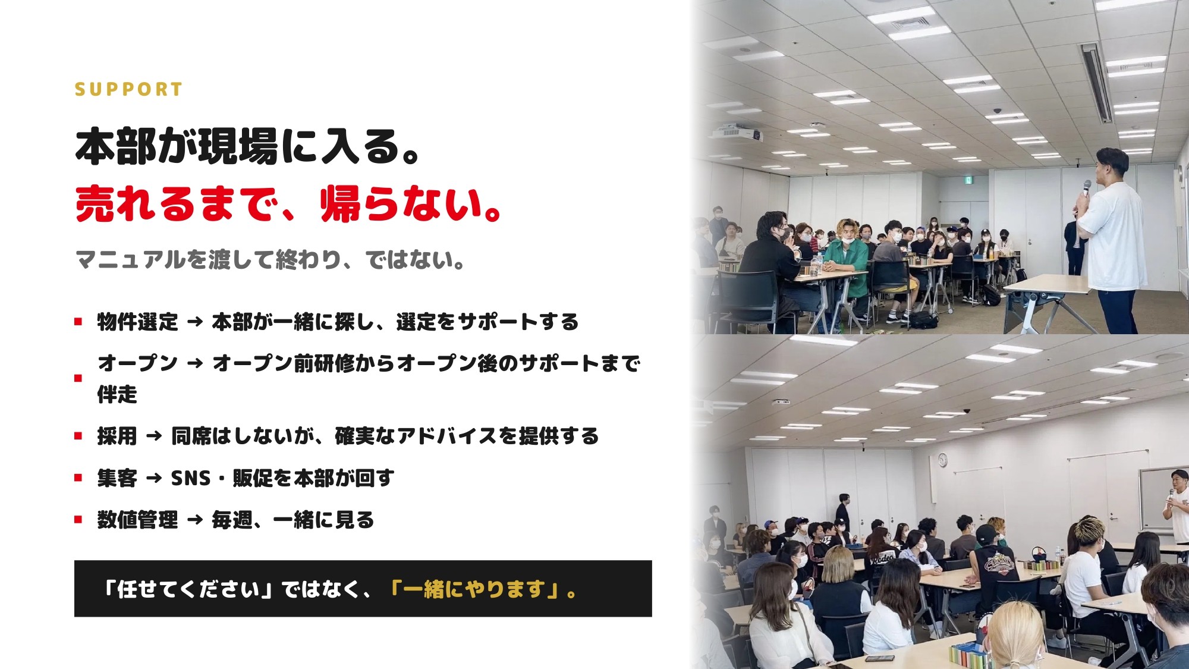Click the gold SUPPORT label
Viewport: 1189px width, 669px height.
point(128,89)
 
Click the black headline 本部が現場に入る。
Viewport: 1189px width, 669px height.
point(249,146)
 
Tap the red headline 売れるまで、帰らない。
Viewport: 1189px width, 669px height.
point(290,204)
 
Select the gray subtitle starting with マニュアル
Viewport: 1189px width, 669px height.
point(270,259)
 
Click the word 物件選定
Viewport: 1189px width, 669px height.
point(138,322)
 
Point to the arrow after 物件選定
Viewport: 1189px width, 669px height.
point(195,322)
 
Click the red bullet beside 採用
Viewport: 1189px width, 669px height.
point(78,436)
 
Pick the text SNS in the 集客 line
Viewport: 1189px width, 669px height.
point(191,478)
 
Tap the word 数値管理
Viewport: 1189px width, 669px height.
point(138,520)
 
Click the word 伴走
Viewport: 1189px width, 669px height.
point(117,394)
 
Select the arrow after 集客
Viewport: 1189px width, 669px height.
point(154,478)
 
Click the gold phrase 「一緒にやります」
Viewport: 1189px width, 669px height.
point(477,589)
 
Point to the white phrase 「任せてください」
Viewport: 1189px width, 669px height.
point(188,589)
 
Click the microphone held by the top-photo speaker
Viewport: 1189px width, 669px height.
point(1086,189)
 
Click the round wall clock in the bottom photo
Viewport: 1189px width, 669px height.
point(942,460)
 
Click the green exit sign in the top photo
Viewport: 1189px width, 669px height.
point(968,179)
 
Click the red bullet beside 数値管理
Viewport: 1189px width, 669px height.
point(78,520)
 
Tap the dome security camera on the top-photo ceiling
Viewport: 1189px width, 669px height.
point(998,111)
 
